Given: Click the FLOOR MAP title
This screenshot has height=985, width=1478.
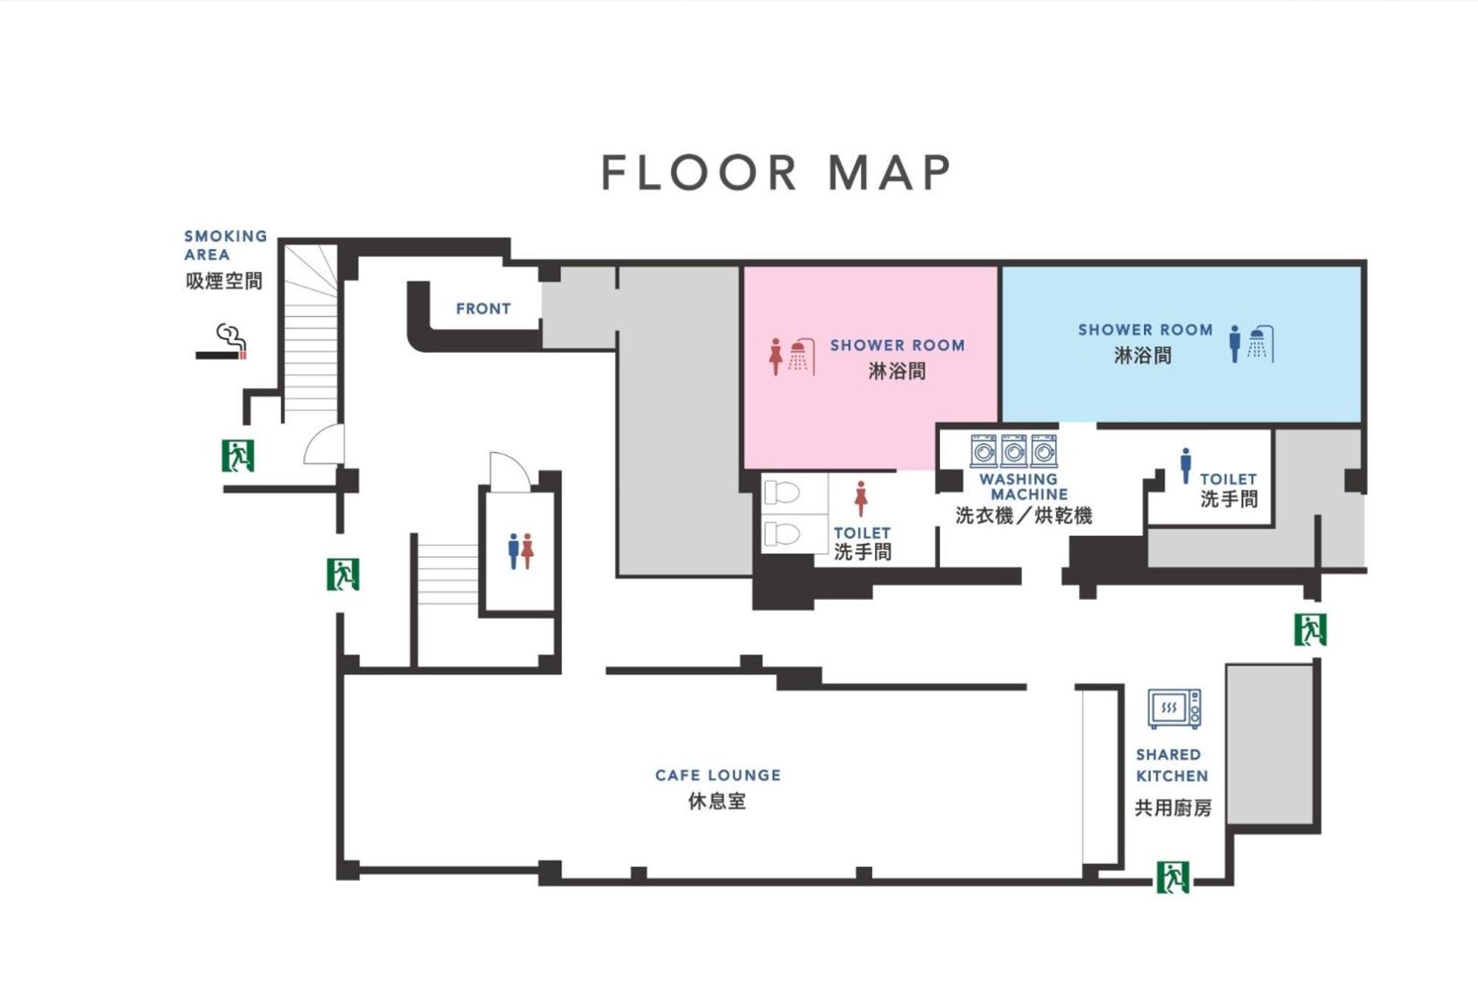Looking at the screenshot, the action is pyautogui.click(x=776, y=172).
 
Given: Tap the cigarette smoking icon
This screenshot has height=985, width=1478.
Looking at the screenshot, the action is pyautogui.click(x=221, y=342).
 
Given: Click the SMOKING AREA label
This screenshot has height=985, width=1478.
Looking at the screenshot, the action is pyautogui.click(x=225, y=245).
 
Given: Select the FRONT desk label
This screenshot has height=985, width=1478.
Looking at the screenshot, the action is pyautogui.click(x=483, y=309).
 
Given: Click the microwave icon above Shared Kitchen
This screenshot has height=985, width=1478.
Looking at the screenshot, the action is pyautogui.click(x=1174, y=709).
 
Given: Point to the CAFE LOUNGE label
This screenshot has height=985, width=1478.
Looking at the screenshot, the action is pyautogui.click(x=718, y=775).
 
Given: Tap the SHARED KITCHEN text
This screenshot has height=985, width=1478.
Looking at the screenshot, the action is pyautogui.click(x=1172, y=766).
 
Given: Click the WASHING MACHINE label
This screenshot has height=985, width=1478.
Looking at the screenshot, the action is pyautogui.click(x=1024, y=487).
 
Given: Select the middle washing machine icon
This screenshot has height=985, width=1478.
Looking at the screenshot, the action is pyautogui.click(x=1014, y=451).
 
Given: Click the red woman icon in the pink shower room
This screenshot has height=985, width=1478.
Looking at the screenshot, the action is pyautogui.click(x=775, y=357).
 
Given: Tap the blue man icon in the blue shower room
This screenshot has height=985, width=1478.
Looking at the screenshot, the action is pyautogui.click(x=1235, y=344).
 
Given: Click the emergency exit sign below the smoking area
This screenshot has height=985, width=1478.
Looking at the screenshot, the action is pyautogui.click(x=238, y=455).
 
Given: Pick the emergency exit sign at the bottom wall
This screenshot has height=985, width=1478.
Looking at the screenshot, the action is pyautogui.click(x=1173, y=877).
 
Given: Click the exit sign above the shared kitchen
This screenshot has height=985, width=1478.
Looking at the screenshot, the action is pyautogui.click(x=1310, y=630).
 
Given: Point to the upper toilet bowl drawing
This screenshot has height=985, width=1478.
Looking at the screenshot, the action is pyautogui.click(x=782, y=492).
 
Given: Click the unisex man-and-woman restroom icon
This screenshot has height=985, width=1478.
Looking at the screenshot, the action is pyautogui.click(x=521, y=551).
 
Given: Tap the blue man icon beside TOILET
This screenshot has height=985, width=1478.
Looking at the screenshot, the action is pyautogui.click(x=1185, y=466).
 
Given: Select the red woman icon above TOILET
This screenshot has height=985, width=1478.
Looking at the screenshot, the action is pyautogui.click(x=861, y=499).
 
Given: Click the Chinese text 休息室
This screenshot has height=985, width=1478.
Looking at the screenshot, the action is pyautogui.click(x=717, y=802).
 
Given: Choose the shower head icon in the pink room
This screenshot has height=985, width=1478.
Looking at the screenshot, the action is pyautogui.click(x=803, y=357).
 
